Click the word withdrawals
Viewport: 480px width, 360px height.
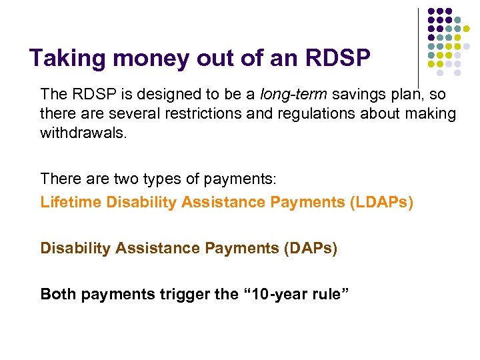[x=83, y=133]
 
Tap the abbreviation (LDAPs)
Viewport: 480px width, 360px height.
[x=381, y=202]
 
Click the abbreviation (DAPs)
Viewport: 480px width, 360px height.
[x=310, y=248]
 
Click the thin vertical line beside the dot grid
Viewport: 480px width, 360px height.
[x=417, y=47]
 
